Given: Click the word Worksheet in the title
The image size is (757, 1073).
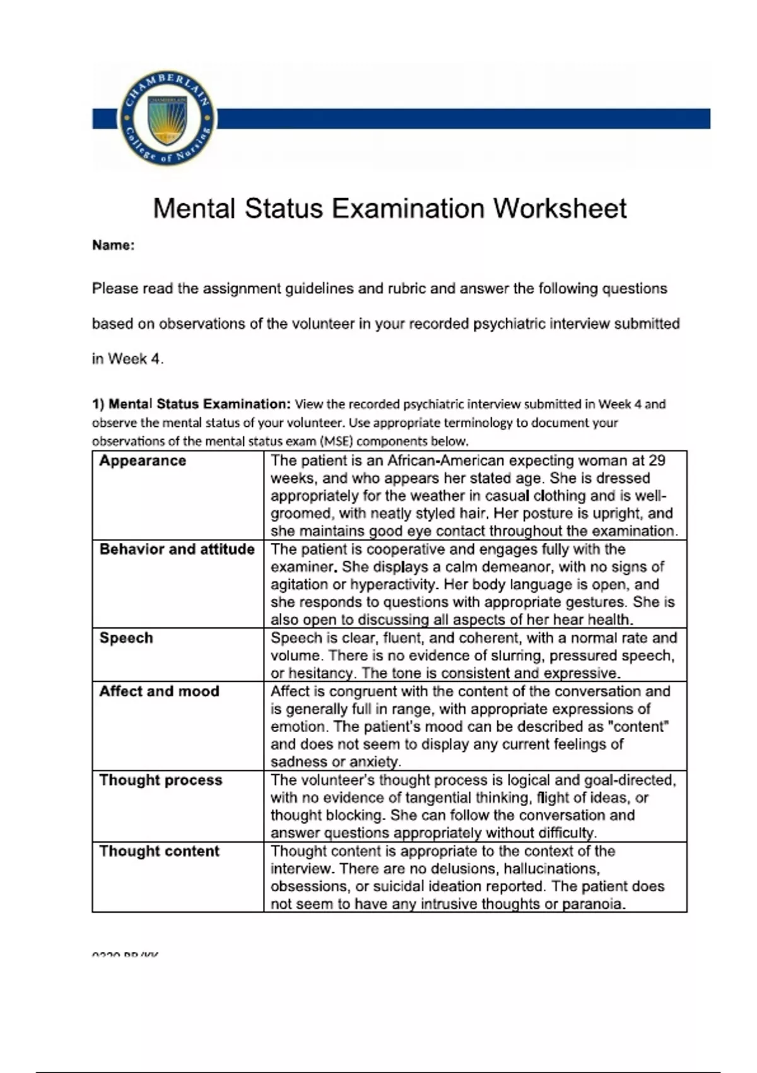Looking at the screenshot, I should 560,208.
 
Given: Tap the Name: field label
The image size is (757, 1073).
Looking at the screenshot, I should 114,246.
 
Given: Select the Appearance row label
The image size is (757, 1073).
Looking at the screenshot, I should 143,461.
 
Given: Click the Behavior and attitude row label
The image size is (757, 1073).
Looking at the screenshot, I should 177,549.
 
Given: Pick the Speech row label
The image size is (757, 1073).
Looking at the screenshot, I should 126,638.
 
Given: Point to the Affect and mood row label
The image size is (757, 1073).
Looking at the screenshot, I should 159,691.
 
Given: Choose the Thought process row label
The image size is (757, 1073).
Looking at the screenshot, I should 161,780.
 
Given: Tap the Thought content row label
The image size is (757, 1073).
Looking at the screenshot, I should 159,851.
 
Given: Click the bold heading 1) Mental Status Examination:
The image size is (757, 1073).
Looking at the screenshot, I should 191,404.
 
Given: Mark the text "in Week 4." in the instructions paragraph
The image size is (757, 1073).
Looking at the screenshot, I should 127,359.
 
